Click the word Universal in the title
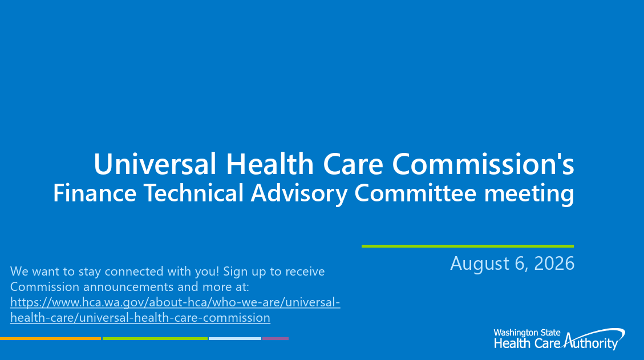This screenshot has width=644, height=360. click(155, 164)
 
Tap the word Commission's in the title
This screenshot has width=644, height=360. click(483, 164)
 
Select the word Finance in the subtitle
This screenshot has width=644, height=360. click(95, 193)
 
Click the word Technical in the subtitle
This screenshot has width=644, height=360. click(193, 193)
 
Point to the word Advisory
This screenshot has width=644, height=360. click(299, 193)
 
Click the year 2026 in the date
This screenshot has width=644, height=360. click(554, 264)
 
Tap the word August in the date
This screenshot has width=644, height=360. click(480, 264)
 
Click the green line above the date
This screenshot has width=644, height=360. click(467, 246)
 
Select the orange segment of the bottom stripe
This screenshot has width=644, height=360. click(50, 339)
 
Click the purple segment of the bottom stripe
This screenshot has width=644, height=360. click(276, 339)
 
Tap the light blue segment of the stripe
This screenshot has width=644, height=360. click(235, 339)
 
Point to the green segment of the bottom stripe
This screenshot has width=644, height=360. click(155, 339)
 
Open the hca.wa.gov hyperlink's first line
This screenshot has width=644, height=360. click(175, 302)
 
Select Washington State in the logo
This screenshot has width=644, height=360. click(527, 333)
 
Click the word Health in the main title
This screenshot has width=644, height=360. click(270, 164)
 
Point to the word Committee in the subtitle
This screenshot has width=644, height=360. click(415, 193)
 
